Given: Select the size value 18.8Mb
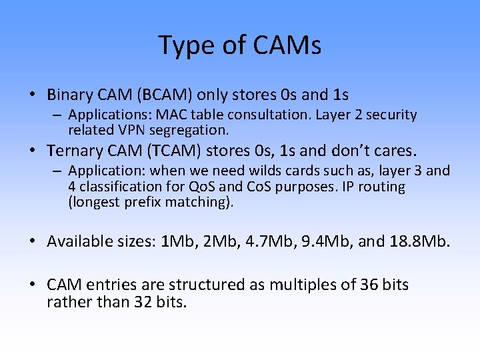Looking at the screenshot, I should coord(417,241).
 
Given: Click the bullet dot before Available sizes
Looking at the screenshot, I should coord(34,241).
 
